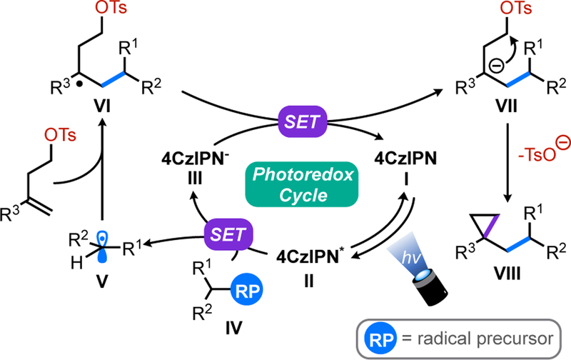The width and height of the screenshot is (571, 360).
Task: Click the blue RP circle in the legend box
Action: [380, 335]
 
